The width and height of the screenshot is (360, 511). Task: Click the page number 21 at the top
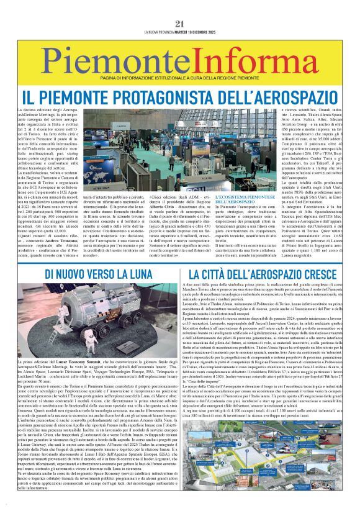[x=180, y=24]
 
